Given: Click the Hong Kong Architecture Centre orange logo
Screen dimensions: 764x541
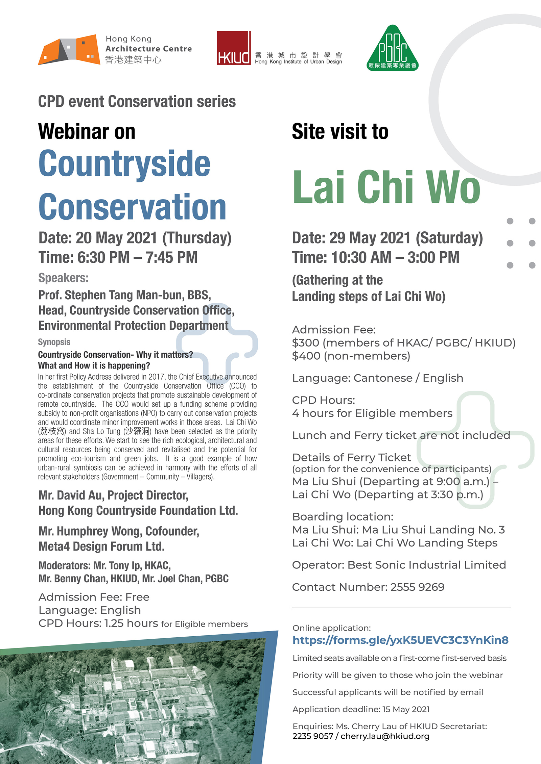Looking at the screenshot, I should [69, 50].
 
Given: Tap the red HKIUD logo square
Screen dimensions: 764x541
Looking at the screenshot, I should [234, 48].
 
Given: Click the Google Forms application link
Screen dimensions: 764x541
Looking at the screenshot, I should [400, 640].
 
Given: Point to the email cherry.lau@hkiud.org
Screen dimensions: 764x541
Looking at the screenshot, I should [385, 736].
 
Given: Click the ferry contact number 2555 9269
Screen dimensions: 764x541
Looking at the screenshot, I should [417, 587].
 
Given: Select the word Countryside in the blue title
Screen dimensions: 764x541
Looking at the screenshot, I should [124, 164].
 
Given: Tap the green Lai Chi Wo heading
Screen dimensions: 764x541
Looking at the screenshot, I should [386, 187].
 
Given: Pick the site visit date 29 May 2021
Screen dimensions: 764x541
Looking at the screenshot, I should [370, 238].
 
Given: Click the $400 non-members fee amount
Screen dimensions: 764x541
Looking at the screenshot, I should [306, 356].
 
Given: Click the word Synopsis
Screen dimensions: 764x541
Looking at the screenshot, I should [54, 342].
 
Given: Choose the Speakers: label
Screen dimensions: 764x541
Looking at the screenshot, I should [63, 278].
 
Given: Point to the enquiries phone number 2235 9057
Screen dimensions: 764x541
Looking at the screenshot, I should [312, 736].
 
